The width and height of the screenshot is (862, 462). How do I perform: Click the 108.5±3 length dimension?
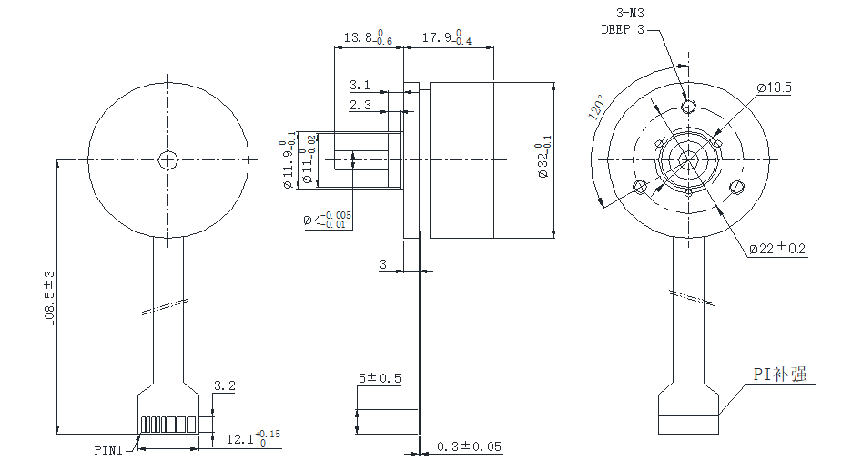pyautogui.click(x=50, y=298)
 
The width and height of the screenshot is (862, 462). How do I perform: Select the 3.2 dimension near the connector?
pyautogui.click(x=224, y=386)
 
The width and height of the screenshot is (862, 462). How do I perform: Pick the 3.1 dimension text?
pyautogui.click(x=360, y=85)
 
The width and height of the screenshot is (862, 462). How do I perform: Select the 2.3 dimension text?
pyautogui.click(x=360, y=105)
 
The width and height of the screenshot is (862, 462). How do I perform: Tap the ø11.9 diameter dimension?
pyautogui.click(x=289, y=161)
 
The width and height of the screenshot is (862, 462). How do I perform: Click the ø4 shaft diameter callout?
pyautogui.click(x=329, y=220)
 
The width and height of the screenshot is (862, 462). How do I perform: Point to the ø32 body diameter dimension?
pyautogui.click(x=543, y=160)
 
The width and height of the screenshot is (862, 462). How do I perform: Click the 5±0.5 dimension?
pyautogui.click(x=380, y=378)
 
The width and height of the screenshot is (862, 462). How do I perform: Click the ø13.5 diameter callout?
pyautogui.click(x=774, y=87)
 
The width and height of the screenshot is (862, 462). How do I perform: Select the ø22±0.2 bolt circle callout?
pyautogui.click(x=777, y=248)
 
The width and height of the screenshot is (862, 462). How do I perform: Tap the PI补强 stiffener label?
pyautogui.click(x=779, y=374)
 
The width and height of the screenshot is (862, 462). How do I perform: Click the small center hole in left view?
pyautogui.click(x=167, y=160)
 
